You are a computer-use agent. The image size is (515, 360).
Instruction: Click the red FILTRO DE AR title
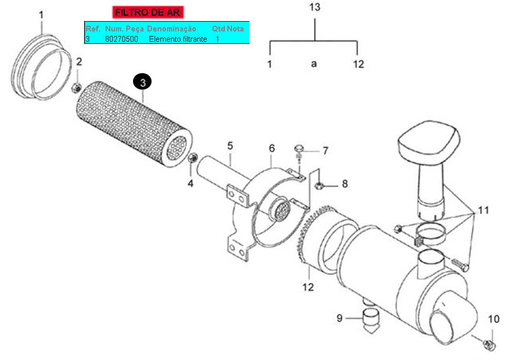click(x=147, y=12)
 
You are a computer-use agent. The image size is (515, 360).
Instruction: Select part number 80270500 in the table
click(x=122, y=39)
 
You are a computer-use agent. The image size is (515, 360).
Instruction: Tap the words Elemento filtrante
click(x=178, y=39)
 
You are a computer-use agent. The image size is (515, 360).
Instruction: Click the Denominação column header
click(x=172, y=29)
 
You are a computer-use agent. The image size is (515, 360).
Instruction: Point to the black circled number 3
click(x=142, y=82)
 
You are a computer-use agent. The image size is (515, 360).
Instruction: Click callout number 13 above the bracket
click(x=314, y=7)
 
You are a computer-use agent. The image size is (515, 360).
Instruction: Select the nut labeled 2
click(x=76, y=88)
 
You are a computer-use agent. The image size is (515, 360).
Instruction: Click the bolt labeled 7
click(x=299, y=153)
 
